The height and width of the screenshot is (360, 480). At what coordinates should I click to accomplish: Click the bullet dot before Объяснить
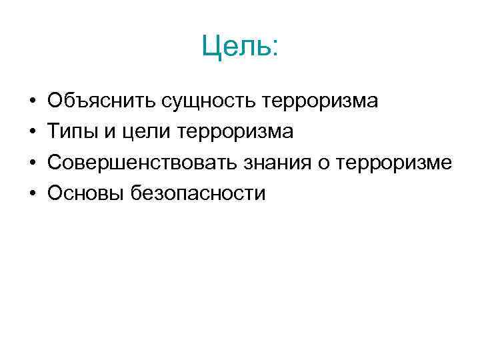(x=32, y=102)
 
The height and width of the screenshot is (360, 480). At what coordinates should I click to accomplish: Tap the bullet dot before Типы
(x=32, y=133)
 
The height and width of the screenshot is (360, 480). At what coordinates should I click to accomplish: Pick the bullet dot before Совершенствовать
(x=32, y=163)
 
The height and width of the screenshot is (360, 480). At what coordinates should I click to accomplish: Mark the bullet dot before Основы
(x=32, y=194)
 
